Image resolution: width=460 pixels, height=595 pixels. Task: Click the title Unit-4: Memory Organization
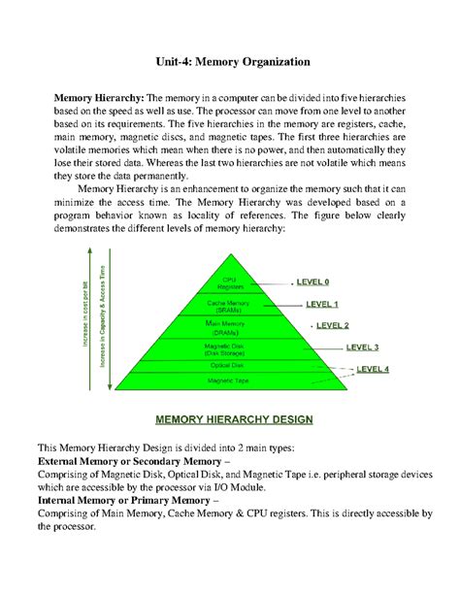[230, 61]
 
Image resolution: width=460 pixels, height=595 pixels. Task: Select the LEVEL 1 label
[322, 304]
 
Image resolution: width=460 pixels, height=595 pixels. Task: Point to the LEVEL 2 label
[332, 325]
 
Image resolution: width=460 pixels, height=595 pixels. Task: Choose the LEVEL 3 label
[362, 347]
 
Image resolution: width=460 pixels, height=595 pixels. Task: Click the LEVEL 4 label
[373, 369]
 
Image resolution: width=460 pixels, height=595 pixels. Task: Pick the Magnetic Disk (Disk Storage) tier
[230, 348]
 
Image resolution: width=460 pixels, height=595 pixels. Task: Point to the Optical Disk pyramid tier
[230, 366]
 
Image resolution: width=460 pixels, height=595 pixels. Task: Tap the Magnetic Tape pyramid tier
[230, 381]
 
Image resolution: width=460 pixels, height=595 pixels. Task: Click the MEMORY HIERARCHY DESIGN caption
[230, 420]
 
